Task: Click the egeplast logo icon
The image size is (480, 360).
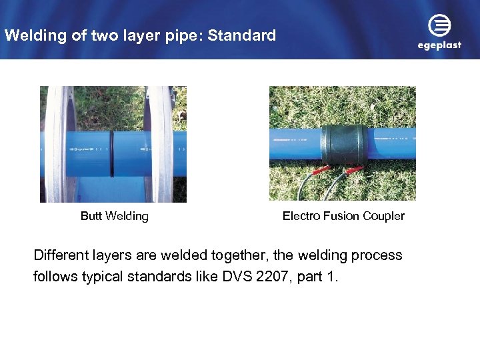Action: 439,26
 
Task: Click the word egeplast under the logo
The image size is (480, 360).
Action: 439,46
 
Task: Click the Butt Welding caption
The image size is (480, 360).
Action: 115,216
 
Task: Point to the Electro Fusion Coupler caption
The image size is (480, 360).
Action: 343,216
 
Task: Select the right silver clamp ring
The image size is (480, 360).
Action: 160,143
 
